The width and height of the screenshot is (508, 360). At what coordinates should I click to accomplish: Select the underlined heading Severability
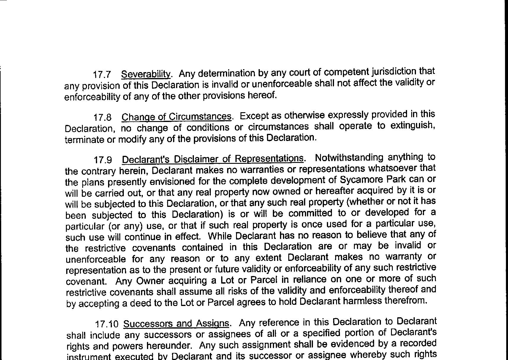click(146, 74)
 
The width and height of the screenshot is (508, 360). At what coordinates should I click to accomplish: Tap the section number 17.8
click(102, 118)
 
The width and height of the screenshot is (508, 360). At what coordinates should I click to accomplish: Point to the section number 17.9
click(103, 160)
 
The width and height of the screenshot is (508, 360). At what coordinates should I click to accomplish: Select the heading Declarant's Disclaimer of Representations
click(213, 159)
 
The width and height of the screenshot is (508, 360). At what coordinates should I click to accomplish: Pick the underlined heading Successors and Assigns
click(176, 323)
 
